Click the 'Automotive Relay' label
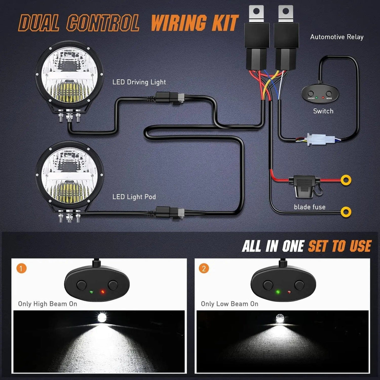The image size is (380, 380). point(336,37)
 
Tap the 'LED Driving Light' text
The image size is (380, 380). point(139,82)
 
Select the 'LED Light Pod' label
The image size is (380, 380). point(134,197)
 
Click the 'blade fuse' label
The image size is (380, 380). point(309,207)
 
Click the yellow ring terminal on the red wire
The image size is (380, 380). point(346,180)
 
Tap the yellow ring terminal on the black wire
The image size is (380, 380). point(346,212)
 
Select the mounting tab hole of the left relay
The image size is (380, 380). point(257,12)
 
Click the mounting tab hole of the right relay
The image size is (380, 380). point(285,12)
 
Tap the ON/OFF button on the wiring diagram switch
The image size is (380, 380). point(311,94)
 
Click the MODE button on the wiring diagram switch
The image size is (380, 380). point(329,94)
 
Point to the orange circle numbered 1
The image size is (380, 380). point(21,269)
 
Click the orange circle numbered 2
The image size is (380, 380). point(204,269)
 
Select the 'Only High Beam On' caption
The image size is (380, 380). point(48,304)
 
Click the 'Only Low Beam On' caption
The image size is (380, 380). point(229,304)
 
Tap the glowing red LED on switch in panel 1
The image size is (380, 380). point(102,292)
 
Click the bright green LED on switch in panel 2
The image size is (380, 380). point(277,292)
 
